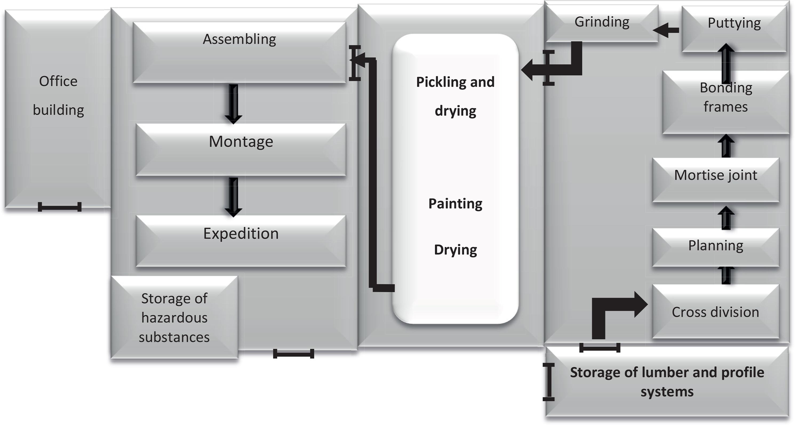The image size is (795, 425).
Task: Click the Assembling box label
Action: pos(239,39)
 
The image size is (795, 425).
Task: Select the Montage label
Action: pos(241,142)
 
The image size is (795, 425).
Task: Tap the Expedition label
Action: pos(241,233)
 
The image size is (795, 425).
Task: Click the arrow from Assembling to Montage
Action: pos(233,104)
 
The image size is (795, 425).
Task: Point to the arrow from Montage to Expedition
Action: pos(233,197)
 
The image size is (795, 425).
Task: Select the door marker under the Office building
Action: pos(59,207)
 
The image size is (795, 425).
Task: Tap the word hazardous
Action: pos(174,318)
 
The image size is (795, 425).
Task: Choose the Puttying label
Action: pos(734,23)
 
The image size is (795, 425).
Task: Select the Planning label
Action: pos(715,246)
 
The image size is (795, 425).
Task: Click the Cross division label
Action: pos(715,312)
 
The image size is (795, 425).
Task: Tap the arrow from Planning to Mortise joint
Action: pos(726,218)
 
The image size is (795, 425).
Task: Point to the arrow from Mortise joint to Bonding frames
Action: pos(726,146)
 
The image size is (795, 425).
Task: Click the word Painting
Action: pos(455,204)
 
